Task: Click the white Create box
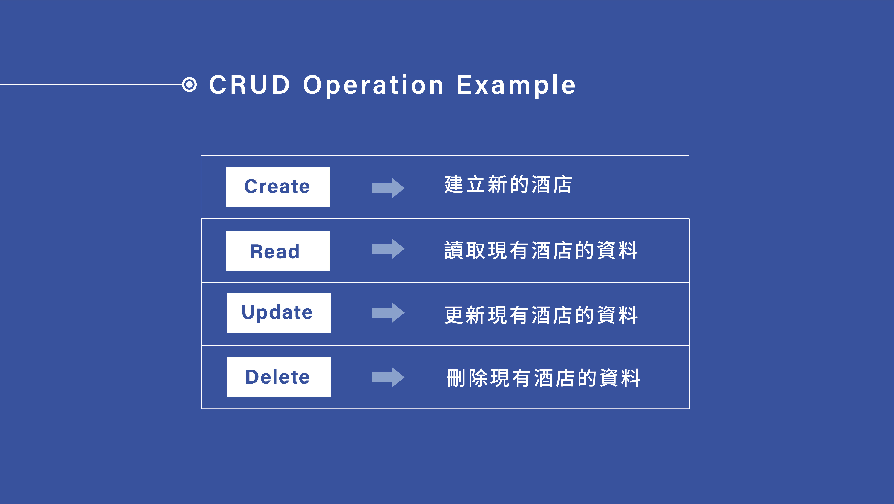pos(278,187)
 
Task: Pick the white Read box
pos(278,251)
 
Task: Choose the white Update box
pos(279,313)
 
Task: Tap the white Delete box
pos(279,377)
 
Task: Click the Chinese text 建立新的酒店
pos(508,184)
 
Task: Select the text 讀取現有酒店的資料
pos(541,250)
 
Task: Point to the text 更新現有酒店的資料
pos(541,315)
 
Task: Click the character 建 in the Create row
pos(454,184)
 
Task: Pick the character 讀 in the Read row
pos(454,250)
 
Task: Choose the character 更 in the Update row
pos(454,315)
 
